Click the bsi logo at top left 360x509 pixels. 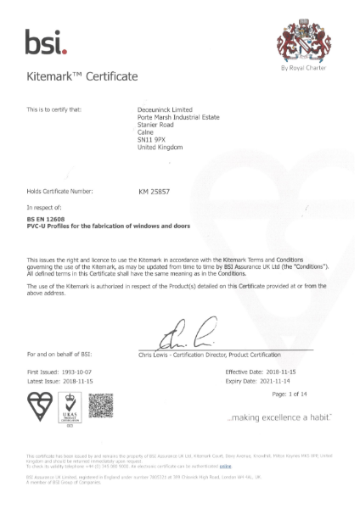(46, 38)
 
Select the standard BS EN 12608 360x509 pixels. (49, 219)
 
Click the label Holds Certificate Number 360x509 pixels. (65, 193)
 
